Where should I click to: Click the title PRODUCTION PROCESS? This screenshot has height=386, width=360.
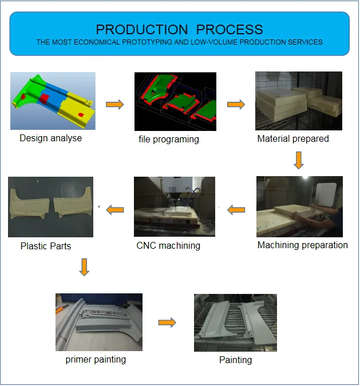click(179, 30)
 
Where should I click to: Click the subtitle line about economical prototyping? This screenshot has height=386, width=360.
click(179, 42)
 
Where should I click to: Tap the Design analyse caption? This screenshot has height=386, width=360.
click(50, 138)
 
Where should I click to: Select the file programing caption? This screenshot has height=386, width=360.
click(169, 139)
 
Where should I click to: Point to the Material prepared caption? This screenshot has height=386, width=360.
click(293, 138)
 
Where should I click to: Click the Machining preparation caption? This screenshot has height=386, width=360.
click(302, 245)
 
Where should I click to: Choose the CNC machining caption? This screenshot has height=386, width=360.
click(168, 245)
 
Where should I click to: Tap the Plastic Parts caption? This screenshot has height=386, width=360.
click(46, 246)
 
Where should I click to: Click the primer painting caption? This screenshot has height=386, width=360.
click(96, 359)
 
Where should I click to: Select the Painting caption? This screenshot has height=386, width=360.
click(235, 360)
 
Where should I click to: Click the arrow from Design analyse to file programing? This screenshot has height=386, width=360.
click(114, 104)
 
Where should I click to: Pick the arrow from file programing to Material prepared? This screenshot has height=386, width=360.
click(236, 104)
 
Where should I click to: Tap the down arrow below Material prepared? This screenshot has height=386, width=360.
click(298, 160)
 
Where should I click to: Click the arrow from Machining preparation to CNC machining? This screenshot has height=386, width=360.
click(236, 210)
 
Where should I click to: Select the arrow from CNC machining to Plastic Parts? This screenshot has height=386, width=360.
click(116, 210)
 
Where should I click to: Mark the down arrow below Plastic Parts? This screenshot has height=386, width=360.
click(84, 267)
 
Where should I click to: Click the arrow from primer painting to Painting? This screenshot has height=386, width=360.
click(167, 323)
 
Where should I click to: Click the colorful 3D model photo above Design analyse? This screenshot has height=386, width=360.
click(53, 101)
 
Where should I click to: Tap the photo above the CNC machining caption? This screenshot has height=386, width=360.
click(175, 206)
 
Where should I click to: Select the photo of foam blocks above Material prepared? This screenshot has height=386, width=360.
click(298, 101)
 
